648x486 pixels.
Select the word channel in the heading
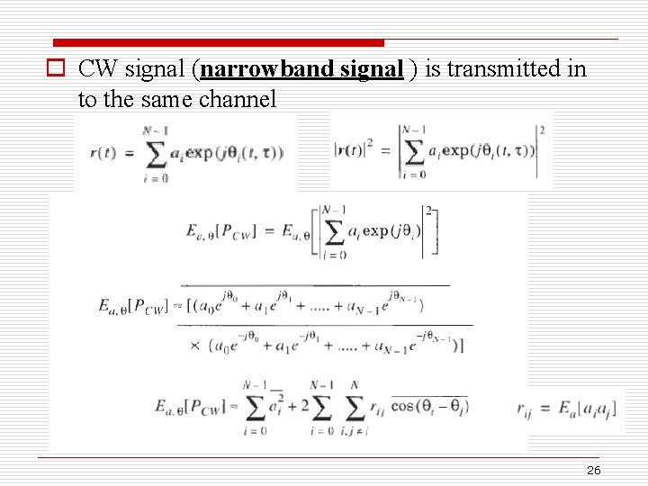pyautogui.click(x=238, y=99)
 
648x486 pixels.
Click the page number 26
pyautogui.click(x=593, y=471)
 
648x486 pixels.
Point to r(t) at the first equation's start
pyautogui.click(x=102, y=153)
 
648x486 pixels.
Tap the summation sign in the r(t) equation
pyautogui.click(x=155, y=153)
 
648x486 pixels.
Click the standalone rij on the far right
pyautogui.click(x=524, y=409)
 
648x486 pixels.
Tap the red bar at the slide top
pyautogui.click(x=218, y=42)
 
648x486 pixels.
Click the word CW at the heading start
pyautogui.click(x=96, y=69)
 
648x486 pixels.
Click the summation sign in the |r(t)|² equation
pyautogui.click(x=413, y=150)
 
